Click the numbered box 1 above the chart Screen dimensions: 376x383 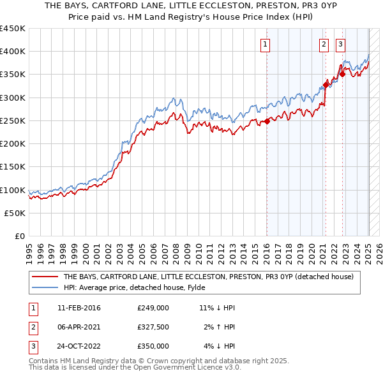(x=264, y=44)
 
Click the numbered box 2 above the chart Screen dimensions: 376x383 (x=324, y=44)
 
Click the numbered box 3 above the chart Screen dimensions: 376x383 (x=341, y=44)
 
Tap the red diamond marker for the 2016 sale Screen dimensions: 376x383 (x=267, y=122)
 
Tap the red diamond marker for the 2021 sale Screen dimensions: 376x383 (x=326, y=83)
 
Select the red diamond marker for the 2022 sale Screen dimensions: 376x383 (x=342, y=74)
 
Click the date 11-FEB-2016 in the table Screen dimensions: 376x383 (x=79, y=308)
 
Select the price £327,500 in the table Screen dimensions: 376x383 (x=153, y=327)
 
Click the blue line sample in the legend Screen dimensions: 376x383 (x=45, y=287)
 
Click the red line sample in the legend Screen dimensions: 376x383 (x=45, y=277)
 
